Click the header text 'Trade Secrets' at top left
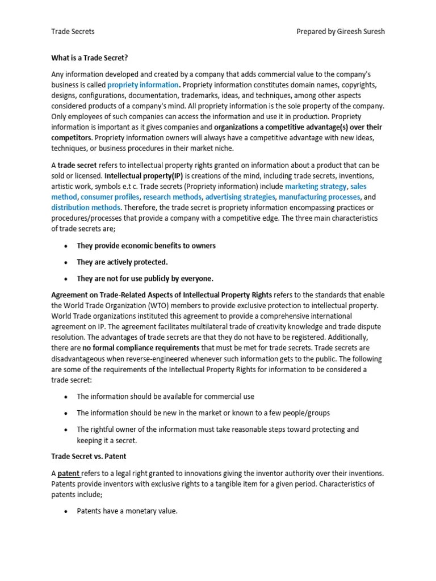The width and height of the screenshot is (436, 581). pyautogui.click(x=73, y=31)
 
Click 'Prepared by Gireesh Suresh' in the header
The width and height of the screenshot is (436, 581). pyautogui.click(x=340, y=31)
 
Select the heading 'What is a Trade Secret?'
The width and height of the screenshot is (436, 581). pyautogui.click(x=94, y=58)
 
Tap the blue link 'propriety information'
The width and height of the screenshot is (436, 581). pyautogui.click(x=142, y=85)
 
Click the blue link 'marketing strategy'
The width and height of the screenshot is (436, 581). pyautogui.click(x=316, y=186)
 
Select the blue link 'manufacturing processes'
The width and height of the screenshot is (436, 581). pyautogui.click(x=319, y=197)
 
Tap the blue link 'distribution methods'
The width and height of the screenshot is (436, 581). pyautogui.click(x=82, y=208)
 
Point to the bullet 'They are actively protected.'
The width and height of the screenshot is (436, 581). pyautogui.click(x=122, y=262)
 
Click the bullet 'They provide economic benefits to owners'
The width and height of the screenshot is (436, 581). pyautogui.click(x=146, y=246)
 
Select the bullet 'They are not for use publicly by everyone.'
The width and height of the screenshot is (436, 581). pyautogui.click(x=145, y=279)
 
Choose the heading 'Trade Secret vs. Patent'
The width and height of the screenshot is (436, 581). pyautogui.click(x=89, y=456)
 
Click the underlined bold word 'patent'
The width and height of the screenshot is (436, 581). pyautogui.click(x=69, y=473)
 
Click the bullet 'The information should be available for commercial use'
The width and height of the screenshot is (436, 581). pyautogui.click(x=165, y=397)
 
